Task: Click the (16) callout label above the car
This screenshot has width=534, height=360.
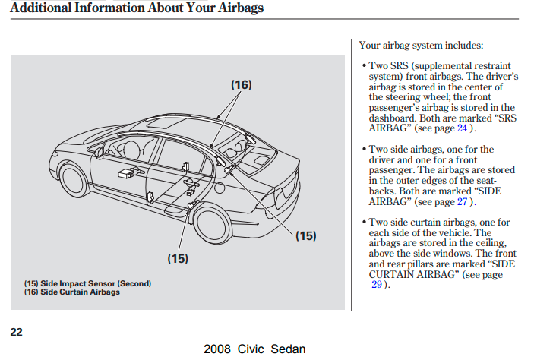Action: (242, 85)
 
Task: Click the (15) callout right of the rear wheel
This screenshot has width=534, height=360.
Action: (306, 235)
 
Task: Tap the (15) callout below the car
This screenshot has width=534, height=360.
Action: (178, 258)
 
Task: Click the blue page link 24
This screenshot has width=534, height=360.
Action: (462, 128)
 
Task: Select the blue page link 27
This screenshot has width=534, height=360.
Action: (462, 201)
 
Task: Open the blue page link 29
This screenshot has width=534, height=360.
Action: (377, 284)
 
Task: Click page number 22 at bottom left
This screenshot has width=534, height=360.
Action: (17, 332)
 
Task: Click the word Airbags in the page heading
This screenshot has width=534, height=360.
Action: (241, 8)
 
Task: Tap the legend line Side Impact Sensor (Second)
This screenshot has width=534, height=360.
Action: (87, 283)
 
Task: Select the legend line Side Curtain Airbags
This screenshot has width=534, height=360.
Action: (72, 292)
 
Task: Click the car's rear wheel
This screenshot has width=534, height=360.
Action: (212, 222)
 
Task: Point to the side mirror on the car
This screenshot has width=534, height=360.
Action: (99, 152)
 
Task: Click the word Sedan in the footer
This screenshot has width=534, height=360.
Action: (288, 349)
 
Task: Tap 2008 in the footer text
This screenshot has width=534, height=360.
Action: (217, 349)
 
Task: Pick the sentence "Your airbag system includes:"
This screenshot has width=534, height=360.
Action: (421, 46)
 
